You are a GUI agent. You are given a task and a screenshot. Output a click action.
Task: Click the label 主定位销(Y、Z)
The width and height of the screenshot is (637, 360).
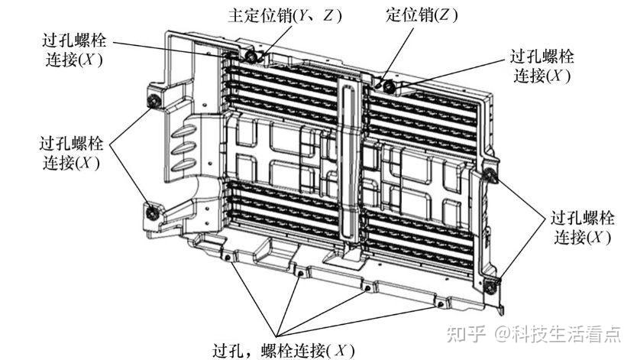285,15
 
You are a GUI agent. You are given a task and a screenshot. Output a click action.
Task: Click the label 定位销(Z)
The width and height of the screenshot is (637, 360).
422,15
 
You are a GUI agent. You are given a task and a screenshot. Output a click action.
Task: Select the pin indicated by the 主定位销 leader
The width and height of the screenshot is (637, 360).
252,57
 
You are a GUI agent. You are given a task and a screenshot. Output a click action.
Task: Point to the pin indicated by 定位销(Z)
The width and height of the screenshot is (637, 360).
388,86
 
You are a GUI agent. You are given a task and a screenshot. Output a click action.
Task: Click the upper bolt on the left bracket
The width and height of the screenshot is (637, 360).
154,100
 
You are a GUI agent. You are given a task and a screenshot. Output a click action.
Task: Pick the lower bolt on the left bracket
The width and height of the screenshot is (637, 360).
152,212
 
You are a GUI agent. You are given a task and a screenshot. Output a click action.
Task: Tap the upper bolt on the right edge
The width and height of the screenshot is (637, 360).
490,175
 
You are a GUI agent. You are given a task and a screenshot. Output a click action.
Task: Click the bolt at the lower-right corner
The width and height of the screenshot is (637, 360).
491,287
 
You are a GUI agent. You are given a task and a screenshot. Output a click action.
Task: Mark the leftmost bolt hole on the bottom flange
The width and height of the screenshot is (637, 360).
228,258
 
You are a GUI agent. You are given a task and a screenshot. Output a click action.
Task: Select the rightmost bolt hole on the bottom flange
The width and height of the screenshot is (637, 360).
440,304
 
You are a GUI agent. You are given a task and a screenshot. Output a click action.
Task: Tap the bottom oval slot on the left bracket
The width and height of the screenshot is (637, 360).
184,166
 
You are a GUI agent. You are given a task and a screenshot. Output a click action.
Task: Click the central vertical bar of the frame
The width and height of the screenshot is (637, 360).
349,163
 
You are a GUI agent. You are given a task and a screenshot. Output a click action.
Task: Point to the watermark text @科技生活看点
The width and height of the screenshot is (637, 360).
558,334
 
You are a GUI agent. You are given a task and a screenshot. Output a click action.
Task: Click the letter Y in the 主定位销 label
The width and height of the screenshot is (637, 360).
302,16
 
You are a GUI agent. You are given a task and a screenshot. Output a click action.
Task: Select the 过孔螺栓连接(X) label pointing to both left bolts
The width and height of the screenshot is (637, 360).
72,154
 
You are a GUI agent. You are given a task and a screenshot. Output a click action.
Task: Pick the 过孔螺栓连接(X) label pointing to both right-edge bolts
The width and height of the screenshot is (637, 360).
583,228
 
